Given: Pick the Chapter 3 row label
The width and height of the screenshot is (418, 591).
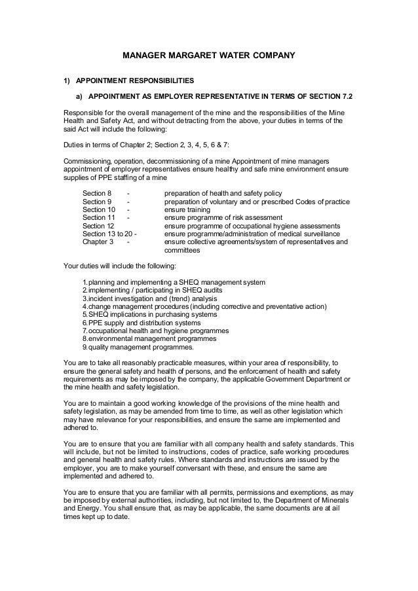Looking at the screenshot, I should pos(98,241).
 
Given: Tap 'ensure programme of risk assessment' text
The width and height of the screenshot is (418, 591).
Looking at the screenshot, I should pos(223,223).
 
